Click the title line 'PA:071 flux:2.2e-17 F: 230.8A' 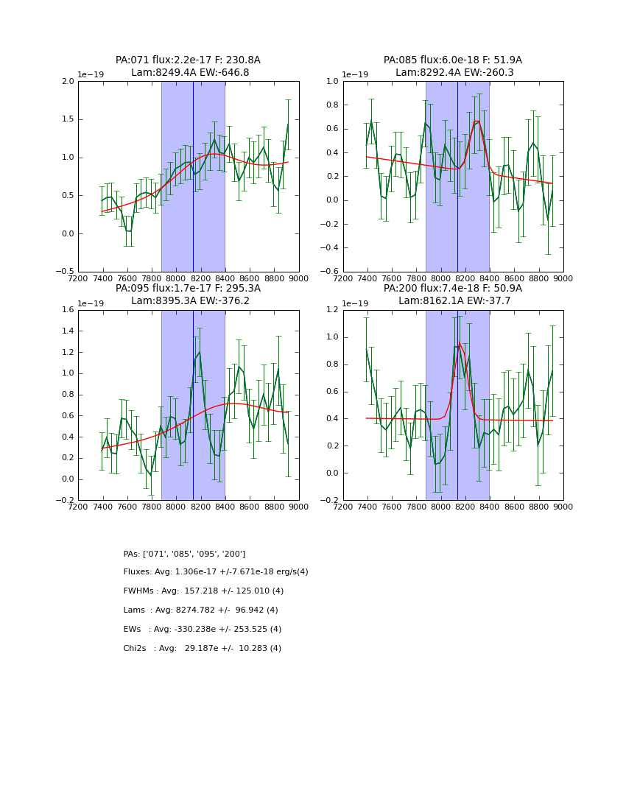coord(188,60)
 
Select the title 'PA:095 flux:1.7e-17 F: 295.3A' coord(188,289)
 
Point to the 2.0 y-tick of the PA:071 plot coord(68,82)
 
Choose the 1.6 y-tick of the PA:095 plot coord(68,310)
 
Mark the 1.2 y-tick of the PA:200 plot coord(333,310)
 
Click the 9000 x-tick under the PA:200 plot coord(563,507)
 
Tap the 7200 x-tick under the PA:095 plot coord(78,507)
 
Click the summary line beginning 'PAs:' coord(184,554)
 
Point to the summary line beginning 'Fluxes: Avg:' coord(216,572)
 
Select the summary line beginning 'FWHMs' coord(203,591)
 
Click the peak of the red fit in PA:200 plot coord(460,343)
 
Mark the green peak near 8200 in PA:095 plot coord(199,352)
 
